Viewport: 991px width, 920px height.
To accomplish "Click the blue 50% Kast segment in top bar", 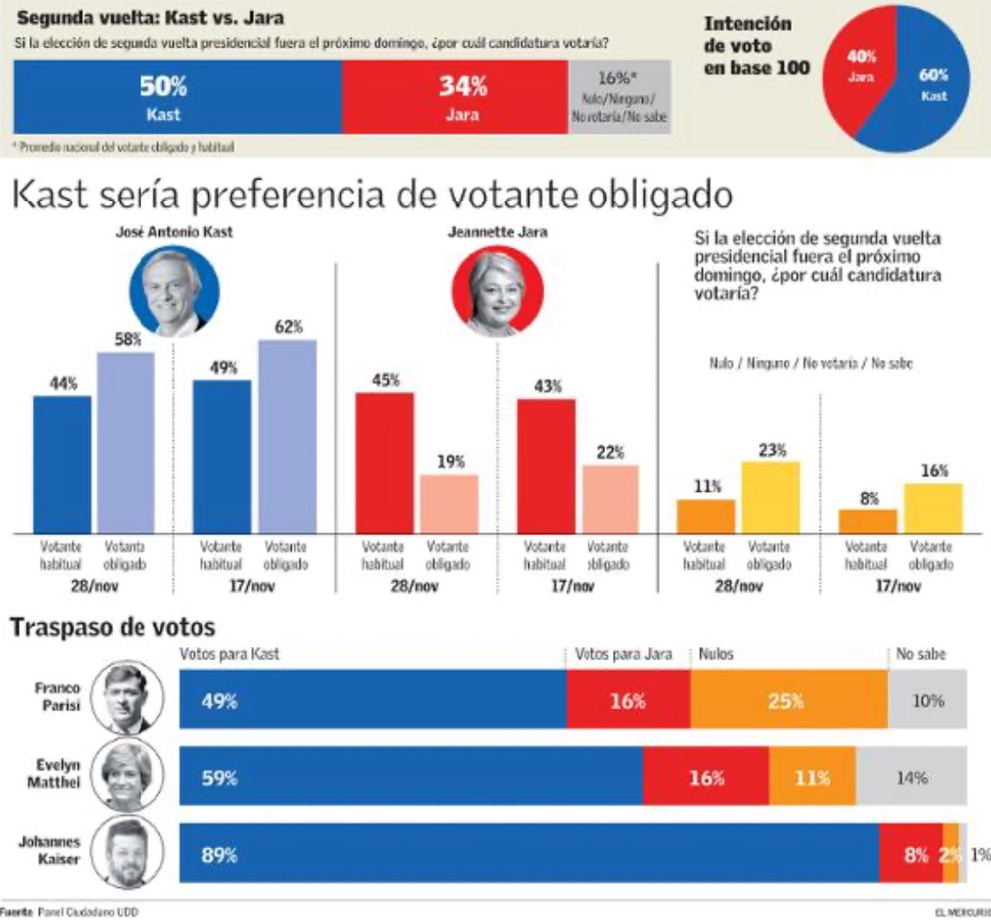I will (x=178, y=98).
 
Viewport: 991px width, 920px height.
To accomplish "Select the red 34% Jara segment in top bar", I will (x=455, y=98).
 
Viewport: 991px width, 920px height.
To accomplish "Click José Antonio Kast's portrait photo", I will (x=174, y=293).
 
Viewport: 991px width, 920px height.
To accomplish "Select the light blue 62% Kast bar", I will (x=287, y=436).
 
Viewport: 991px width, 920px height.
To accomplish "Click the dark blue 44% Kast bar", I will (x=62, y=464).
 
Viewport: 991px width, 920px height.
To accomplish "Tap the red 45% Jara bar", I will (x=384, y=463).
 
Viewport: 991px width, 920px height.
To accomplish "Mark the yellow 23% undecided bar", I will (x=771, y=497).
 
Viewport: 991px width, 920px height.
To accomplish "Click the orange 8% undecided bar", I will (x=868, y=521).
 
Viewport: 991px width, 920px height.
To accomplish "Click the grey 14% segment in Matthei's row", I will (x=912, y=777).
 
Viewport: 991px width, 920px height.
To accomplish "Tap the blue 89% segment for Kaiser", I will (x=528, y=854).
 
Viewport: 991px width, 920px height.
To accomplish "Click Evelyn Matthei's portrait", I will (x=128, y=774).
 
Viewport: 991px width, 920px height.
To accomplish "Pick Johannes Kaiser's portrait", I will (x=128, y=853).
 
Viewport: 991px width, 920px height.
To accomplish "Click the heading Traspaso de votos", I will (x=111, y=627).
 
